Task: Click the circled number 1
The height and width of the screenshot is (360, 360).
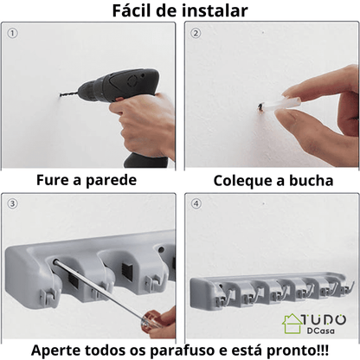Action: [12, 34]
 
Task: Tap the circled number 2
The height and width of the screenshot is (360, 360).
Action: [196, 34]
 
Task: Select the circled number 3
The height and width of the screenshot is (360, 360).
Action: [12, 204]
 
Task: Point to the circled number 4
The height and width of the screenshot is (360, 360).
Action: [196, 204]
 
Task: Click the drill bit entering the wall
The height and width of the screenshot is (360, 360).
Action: [68, 93]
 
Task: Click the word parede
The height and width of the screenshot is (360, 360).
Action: [111, 181]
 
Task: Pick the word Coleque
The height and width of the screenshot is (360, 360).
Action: [244, 181]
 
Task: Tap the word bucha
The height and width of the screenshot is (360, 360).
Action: [312, 181]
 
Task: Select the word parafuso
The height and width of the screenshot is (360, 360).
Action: [183, 350]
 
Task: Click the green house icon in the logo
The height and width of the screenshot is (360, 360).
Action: [292, 323]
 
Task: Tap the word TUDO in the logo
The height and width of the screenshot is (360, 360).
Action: [324, 319]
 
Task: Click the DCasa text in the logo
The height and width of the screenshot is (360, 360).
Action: [321, 331]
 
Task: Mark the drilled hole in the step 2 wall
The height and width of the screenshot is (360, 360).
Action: [260, 108]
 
